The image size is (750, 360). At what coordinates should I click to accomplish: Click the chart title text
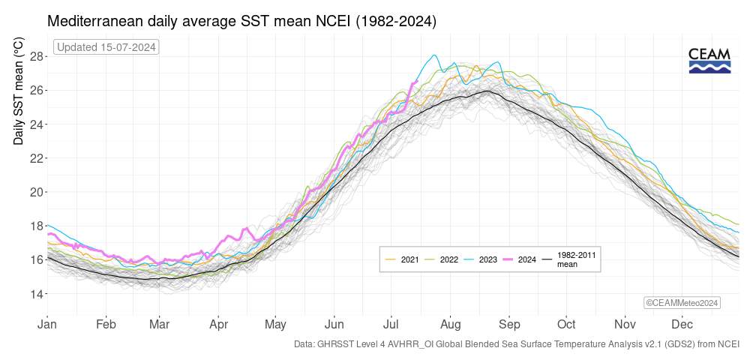coord(241,22)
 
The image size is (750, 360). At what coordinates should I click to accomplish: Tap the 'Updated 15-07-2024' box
coord(106,48)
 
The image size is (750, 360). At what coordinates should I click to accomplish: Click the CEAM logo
coord(709,60)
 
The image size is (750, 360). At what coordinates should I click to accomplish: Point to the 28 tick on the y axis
coord(36,55)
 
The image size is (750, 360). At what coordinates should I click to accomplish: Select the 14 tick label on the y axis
coord(36,293)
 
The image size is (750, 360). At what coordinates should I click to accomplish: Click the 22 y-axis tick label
coord(36,157)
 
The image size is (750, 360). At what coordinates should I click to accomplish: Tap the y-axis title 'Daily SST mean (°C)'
coord(18,94)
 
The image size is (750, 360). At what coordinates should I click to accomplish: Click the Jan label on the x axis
coord(47,325)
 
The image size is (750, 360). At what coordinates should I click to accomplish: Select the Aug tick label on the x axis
coord(450,325)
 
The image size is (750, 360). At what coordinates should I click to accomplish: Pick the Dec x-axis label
coord(682,325)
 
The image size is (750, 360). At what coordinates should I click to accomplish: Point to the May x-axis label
coord(275,325)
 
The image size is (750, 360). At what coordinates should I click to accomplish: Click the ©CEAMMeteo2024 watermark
coord(682,302)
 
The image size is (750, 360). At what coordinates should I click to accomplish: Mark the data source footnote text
coord(517,344)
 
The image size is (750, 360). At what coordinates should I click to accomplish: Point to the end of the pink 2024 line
coord(416,81)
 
